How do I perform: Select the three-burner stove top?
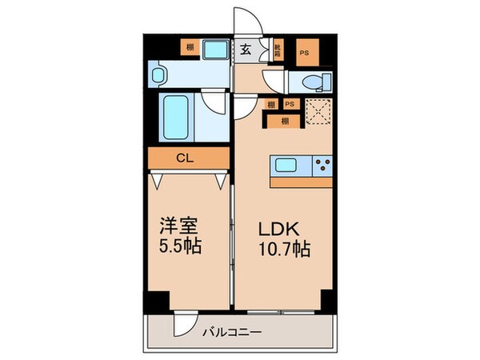324,166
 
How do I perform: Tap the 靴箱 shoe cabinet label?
278,50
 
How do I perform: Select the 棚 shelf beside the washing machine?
190,48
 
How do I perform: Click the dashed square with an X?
318,111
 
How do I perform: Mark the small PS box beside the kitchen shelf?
290,103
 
